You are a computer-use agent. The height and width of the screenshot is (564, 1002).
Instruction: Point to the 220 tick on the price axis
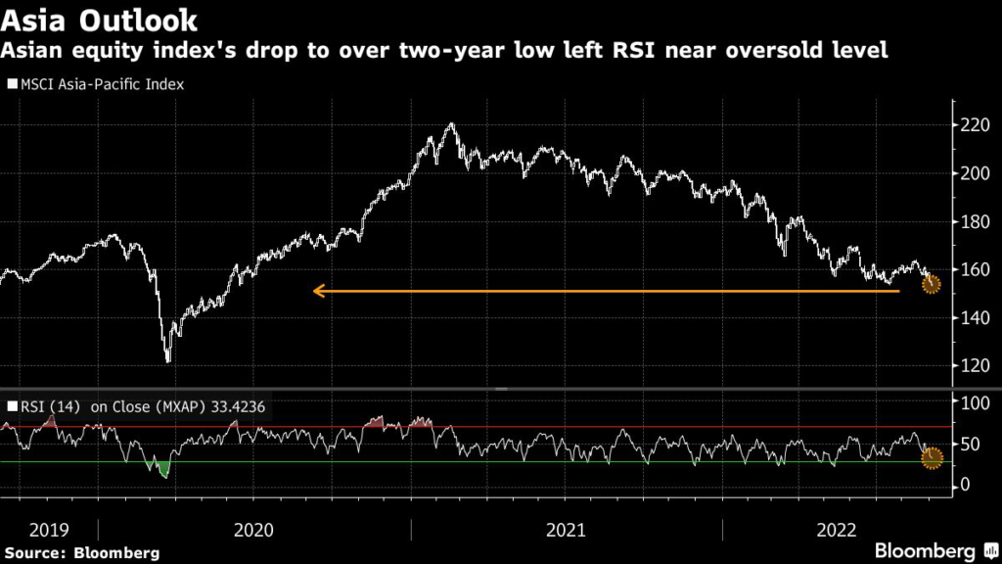click(x=976, y=126)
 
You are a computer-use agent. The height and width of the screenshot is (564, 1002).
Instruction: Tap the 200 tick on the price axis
click(x=976, y=174)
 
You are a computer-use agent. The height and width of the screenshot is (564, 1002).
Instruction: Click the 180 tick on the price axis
click(x=976, y=222)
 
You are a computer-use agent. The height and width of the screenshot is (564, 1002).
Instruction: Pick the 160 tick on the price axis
click(x=976, y=270)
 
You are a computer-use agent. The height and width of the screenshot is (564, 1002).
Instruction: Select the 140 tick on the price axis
click(x=976, y=317)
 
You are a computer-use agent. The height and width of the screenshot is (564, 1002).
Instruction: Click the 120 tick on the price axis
click(x=976, y=365)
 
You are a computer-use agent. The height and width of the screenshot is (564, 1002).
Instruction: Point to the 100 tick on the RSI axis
click(x=976, y=402)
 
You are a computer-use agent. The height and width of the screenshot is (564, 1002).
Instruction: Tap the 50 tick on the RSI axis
click(x=971, y=444)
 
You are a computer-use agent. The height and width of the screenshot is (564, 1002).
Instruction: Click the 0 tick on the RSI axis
click(x=967, y=486)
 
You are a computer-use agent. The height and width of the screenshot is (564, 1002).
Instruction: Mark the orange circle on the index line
click(x=932, y=284)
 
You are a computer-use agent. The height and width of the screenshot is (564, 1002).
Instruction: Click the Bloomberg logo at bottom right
click(x=924, y=550)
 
